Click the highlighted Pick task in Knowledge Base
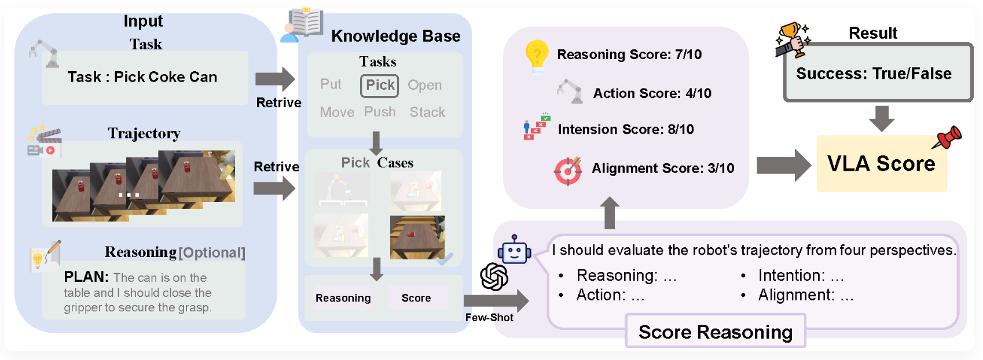[x=380, y=86]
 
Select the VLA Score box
[x=881, y=164]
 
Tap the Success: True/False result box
[x=877, y=74]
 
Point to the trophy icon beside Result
[x=793, y=39]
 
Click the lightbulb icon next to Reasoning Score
[x=537, y=56]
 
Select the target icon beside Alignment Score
[x=568, y=171]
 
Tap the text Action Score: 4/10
[x=652, y=93]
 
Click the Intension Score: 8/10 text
[x=625, y=129]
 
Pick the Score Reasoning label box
[x=715, y=332]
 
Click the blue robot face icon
[x=514, y=251]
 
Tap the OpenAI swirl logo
[x=494, y=277]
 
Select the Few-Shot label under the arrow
[x=489, y=317]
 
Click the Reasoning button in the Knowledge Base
[x=343, y=298]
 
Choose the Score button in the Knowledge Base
[x=416, y=298]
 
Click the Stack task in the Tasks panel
[x=427, y=112]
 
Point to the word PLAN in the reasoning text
[x=86, y=277]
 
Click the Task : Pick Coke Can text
[x=142, y=77]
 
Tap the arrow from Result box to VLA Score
[x=882, y=118]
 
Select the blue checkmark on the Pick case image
[x=444, y=259]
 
